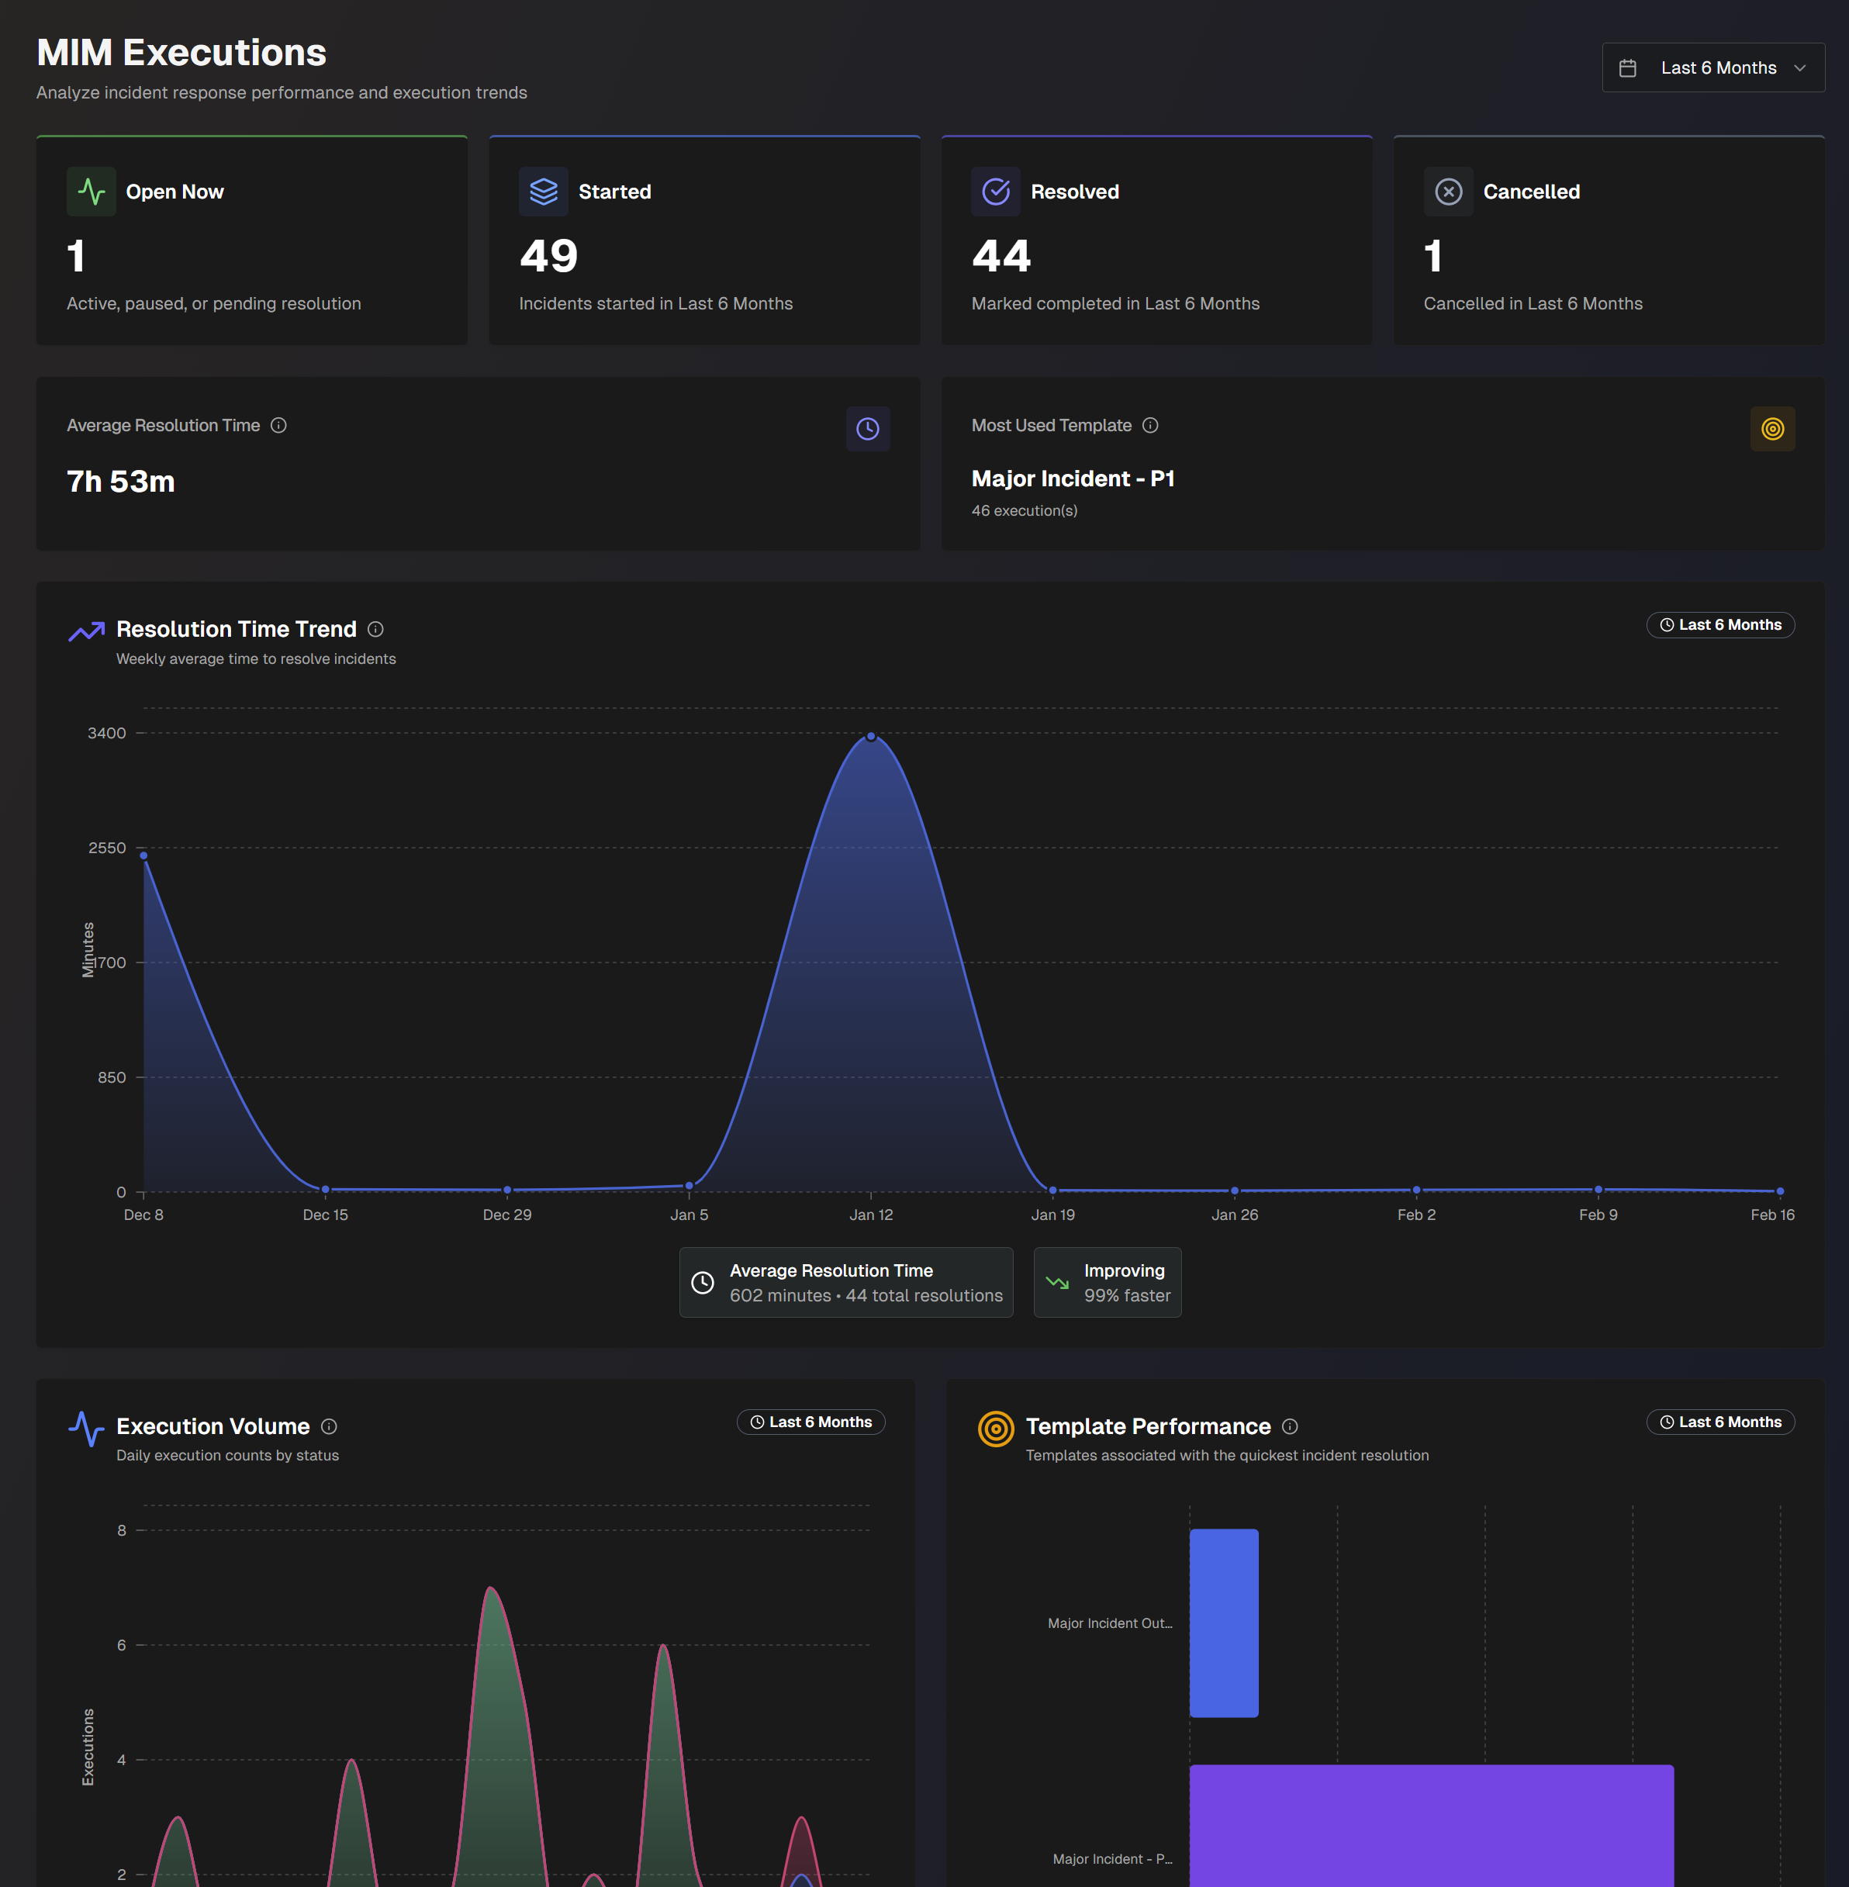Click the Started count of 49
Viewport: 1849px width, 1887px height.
[548, 257]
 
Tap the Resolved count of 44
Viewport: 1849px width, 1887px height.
[1001, 257]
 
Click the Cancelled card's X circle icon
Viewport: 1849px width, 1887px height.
[1448, 192]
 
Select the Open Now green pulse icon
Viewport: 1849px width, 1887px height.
[92, 192]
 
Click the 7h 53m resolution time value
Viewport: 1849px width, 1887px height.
[120, 482]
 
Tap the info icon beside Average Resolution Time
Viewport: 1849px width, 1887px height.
[278, 425]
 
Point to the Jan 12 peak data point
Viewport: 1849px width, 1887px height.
[871, 736]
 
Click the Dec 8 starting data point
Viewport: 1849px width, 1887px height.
[143, 855]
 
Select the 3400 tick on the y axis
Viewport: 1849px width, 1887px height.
[107, 733]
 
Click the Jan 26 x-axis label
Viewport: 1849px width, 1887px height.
[1234, 1215]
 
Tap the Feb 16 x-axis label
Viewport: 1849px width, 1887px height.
[1771, 1215]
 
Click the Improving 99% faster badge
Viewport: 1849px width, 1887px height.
[1107, 1283]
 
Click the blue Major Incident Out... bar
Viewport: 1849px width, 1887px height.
[1224, 1623]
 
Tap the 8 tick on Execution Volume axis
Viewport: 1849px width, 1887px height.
[122, 1530]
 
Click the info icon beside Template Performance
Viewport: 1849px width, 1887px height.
[1290, 1426]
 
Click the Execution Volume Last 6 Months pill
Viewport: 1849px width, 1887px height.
[811, 1422]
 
